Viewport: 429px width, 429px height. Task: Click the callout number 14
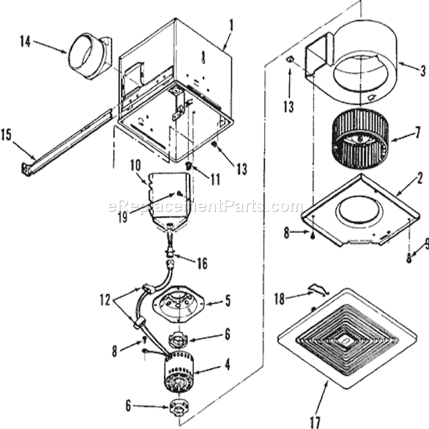(26, 42)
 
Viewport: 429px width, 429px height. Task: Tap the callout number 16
(202, 263)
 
